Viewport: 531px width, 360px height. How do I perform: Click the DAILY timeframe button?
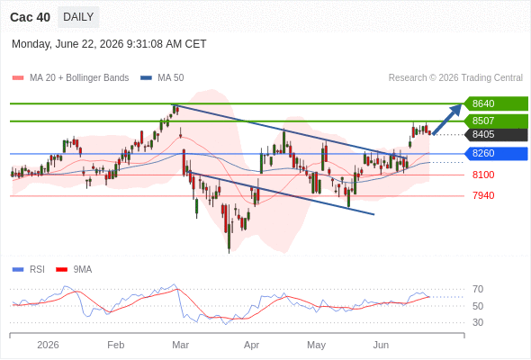[78, 17]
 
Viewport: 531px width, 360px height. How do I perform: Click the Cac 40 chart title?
[30, 17]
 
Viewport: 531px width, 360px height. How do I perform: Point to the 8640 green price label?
[495, 103]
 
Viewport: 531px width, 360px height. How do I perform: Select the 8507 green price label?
[495, 121]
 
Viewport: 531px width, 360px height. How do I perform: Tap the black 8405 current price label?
[495, 134]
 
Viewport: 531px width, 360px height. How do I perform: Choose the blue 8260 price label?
[495, 153]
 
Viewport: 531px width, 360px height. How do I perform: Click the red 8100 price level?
[483, 175]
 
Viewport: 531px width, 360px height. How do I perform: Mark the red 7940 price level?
[483, 195]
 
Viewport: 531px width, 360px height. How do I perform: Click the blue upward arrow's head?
[456, 109]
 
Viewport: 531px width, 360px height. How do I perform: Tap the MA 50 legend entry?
[162, 78]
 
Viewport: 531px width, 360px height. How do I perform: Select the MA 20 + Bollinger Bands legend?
[70, 78]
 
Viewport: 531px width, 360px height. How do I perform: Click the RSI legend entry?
[29, 270]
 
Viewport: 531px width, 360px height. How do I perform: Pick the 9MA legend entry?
[74, 270]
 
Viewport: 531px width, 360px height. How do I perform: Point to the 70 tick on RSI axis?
[478, 289]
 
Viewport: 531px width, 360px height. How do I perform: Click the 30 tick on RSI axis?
[478, 322]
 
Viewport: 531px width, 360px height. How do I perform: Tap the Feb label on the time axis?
[116, 345]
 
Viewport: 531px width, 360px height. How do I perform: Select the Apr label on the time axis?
[252, 345]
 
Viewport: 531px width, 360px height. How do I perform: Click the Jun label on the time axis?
[381, 345]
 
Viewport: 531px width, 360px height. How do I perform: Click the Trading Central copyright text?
[455, 78]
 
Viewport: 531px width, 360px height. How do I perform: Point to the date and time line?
[109, 44]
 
